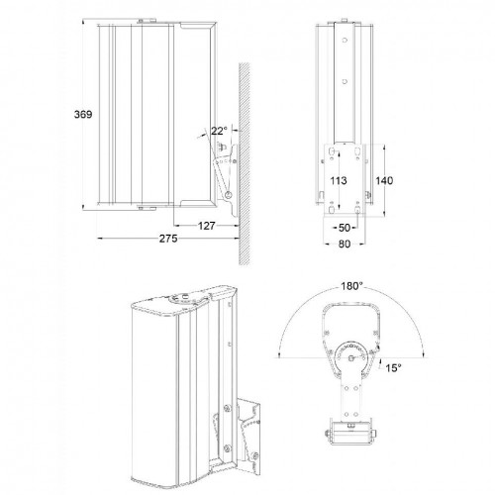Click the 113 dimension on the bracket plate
coord(338,182)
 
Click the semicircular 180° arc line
coord(297,312)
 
